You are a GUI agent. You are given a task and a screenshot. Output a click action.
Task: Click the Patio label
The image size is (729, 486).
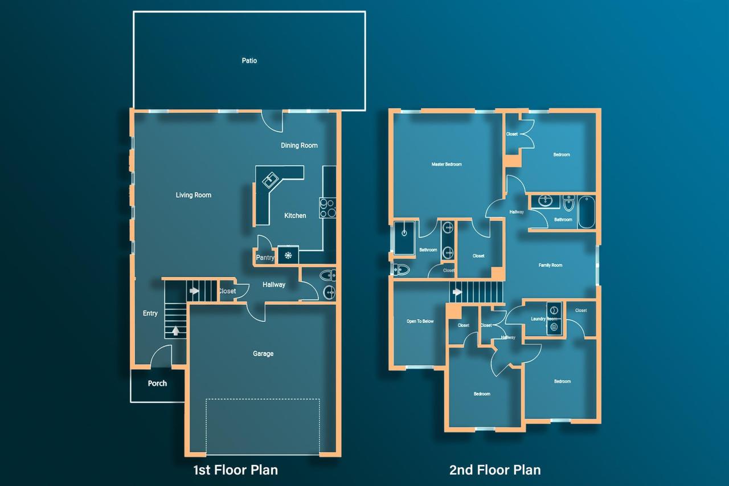[249, 60]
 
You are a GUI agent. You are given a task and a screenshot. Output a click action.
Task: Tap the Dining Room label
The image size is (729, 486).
[299, 145]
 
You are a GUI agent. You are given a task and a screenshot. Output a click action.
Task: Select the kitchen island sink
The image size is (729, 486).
[269, 181]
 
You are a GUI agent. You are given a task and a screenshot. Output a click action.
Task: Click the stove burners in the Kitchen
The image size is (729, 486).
[327, 208]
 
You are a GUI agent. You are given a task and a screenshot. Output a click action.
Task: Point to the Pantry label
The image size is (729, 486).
[265, 258]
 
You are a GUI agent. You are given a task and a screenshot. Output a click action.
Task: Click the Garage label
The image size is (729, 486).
[263, 354]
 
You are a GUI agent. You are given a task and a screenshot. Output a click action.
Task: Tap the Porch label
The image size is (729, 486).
[157, 383]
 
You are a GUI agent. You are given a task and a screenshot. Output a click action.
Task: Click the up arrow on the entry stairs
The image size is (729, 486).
[175, 329]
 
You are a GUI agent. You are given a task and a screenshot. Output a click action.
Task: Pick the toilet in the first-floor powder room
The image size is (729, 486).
[327, 276]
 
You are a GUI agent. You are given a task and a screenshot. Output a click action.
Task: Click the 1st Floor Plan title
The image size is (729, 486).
[235, 470]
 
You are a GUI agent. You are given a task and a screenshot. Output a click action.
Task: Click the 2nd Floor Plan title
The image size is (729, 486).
[494, 470]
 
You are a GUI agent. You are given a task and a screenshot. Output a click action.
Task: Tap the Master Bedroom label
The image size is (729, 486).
[447, 164]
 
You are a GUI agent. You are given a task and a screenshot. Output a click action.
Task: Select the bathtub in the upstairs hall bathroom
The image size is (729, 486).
[586, 212]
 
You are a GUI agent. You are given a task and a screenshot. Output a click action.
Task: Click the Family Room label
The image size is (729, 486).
[550, 266]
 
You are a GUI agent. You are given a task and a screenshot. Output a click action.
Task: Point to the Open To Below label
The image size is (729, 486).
[420, 321]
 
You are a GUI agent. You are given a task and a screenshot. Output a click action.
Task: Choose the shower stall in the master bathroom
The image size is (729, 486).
[405, 237]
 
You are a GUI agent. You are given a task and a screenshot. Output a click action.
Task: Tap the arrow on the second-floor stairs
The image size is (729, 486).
[457, 293]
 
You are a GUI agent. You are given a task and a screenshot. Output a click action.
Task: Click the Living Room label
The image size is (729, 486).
[193, 195]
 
